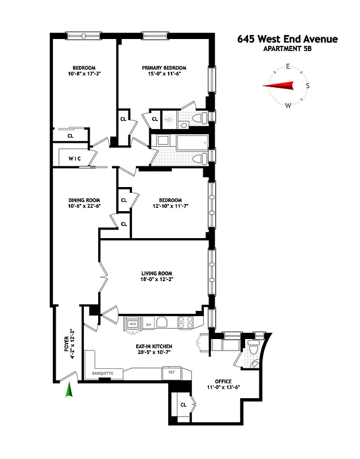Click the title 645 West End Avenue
(x=288, y=40)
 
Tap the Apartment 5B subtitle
(x=288, y=49)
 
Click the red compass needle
(x=278, y=86)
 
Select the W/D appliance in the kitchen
(x=133, y=324)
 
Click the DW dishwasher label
(x=148, y=324)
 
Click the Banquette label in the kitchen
(x=103, y=374)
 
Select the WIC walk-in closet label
(x=74, y=158)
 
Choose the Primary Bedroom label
(x=164, y=68)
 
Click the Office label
(x=223, y=380)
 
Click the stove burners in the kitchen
(x=185, y=322)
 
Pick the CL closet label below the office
(x=183, y=404)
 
